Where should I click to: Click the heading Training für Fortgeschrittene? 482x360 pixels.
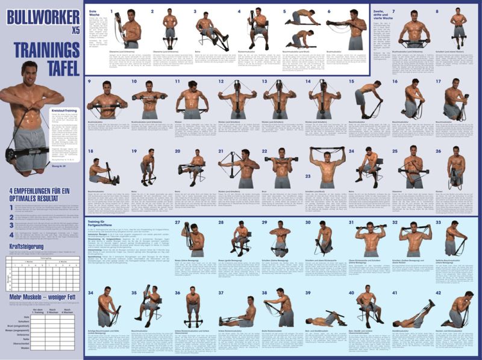102,225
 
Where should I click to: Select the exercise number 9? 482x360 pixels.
89,81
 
